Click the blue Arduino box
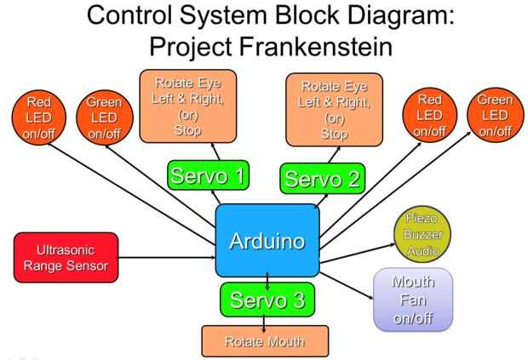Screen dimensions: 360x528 267,240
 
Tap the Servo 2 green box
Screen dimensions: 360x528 323,178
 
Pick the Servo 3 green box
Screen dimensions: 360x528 267,300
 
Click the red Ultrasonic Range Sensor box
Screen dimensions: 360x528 66,258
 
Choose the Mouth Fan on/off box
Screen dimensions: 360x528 413,299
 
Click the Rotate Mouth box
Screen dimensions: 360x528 264,340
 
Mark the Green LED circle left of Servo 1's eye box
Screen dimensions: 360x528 104,117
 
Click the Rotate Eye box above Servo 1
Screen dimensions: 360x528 189,106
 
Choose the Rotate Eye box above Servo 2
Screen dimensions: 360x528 334,109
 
